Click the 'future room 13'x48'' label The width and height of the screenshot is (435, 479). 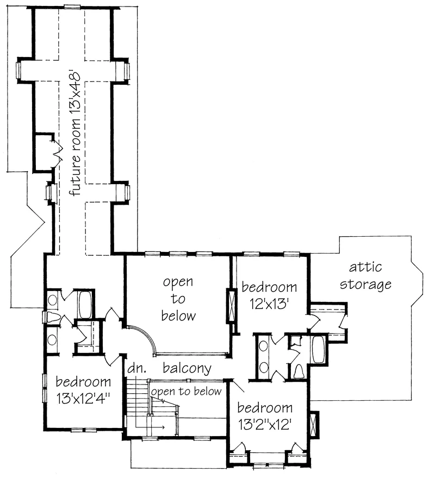(x=74, y=134)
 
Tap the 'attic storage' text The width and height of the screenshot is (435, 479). (x=365, y=276)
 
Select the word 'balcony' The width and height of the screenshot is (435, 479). (x=187, y=368)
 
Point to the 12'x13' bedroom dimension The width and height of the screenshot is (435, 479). (x=270, y=304)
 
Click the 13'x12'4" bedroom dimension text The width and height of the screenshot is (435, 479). (x=83, y=399)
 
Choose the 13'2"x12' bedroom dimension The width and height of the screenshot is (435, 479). (x=265, y=425)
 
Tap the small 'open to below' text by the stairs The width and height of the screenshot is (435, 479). (x=187, y=392)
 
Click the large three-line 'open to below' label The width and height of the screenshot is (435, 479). (x=178, y=299)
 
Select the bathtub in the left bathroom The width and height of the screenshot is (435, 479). (x=85, y=305)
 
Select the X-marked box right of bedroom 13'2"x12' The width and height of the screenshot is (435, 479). (x=314, y=425)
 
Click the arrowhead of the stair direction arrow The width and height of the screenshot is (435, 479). (x=163, y=427)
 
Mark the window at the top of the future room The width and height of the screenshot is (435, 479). (x=72, y=7)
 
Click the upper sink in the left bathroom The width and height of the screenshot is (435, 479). (x=53, y=300)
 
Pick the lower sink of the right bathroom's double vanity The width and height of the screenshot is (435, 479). (x=263, y=367)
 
